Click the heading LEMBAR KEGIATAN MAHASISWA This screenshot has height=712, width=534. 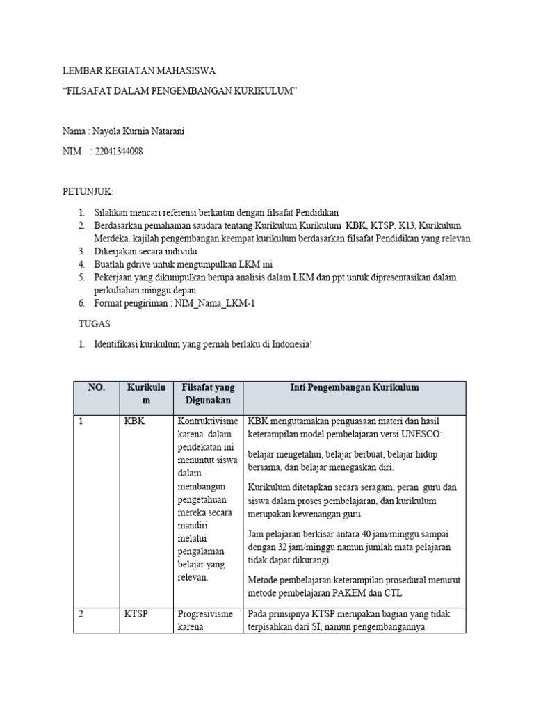pos(139,72)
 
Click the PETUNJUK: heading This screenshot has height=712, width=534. pos(88,191)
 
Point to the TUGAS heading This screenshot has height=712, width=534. pos(93,324)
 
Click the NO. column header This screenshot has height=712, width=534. pos(96,388)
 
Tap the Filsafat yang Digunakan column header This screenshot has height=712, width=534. pos(208,394)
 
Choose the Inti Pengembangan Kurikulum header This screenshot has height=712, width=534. pos(354,388)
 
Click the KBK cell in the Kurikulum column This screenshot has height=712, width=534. pos(134,421)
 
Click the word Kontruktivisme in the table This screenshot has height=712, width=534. pos(208,421)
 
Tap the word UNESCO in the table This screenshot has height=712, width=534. pos(430,435)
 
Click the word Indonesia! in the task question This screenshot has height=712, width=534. pos(291,344)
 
